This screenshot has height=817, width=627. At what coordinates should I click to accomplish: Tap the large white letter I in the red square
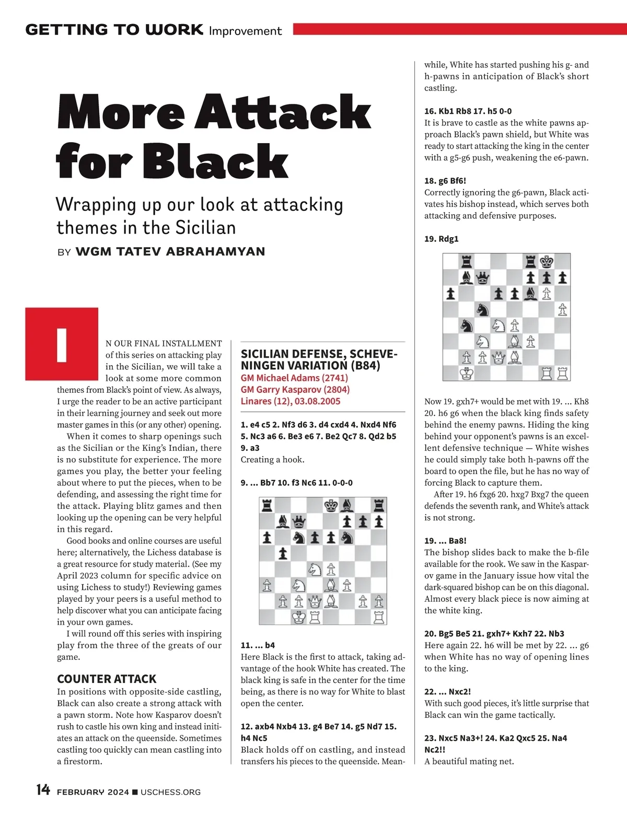point(62,345)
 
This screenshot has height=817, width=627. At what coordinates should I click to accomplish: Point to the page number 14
point(43,790)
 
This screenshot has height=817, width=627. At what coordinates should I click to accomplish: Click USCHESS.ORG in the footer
point(170,792)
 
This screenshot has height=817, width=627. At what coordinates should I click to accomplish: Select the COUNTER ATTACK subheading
point(107,679)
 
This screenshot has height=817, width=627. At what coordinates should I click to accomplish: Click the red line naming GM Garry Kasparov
point(295,390)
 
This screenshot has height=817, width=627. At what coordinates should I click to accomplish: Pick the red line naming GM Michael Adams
point(294,378)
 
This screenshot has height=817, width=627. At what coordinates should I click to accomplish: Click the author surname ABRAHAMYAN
point(215,252)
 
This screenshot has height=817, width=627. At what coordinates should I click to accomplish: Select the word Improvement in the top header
point(245,31)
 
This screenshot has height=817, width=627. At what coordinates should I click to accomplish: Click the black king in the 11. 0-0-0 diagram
point(331,505)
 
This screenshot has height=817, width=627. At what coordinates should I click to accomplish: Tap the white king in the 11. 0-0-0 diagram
point(299,617)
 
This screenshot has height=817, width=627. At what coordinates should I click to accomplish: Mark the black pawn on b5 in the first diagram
point(283,553)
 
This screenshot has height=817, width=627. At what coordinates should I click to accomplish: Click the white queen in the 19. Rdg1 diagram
point(499,358)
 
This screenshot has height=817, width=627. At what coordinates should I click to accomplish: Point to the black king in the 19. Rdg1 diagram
point(547,261)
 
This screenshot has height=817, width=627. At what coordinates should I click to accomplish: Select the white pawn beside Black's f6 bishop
point(547,294)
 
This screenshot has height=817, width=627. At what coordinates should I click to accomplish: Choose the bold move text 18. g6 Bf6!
point(445,181)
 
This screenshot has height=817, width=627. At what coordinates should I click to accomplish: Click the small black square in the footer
point(135,792)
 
